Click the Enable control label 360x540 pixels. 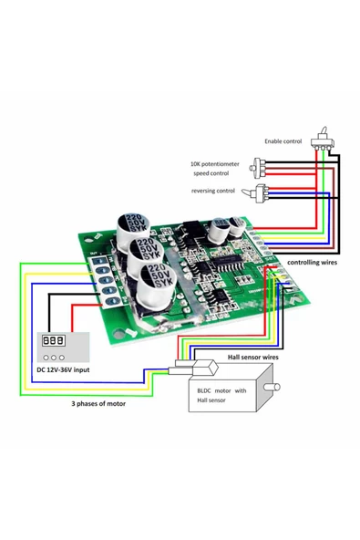[x=284, y=141]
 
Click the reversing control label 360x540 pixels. [x=212, y=190]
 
